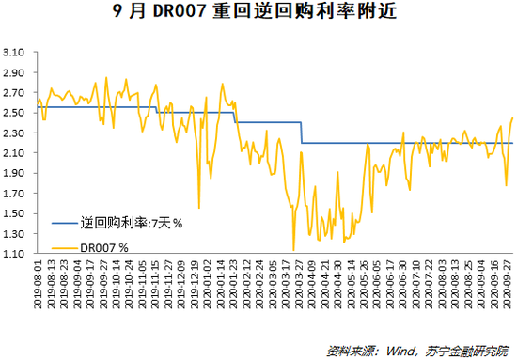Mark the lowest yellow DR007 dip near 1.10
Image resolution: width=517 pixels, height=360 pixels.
click(x=294, y=251)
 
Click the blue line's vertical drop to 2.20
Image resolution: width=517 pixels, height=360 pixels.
click(x=301, y=133)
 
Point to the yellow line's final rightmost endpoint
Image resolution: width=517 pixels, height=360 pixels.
click(x=512, y=118)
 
